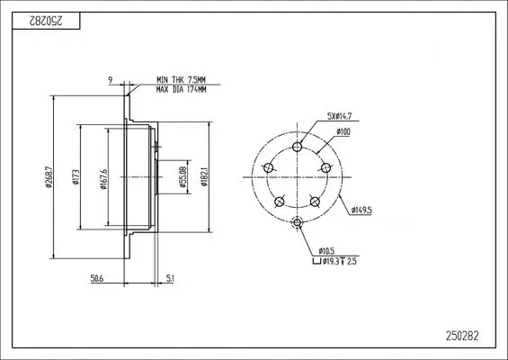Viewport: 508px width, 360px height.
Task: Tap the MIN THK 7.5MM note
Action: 180,81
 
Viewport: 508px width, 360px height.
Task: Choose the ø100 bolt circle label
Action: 343,132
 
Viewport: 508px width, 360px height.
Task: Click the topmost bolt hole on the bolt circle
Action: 298,147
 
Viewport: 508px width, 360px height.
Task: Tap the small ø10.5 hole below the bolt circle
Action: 298,223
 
